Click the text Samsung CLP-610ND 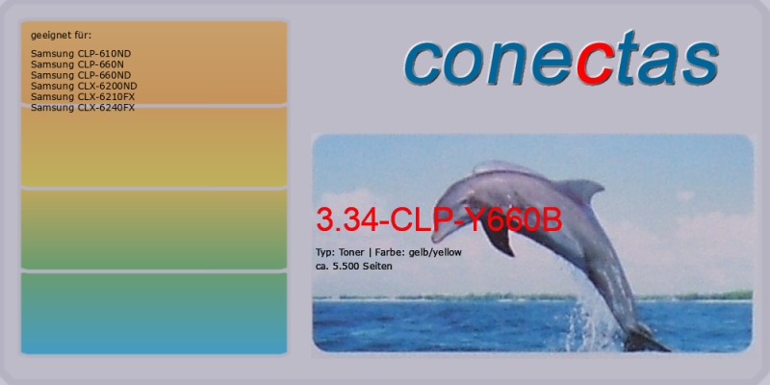(x=81, y=54)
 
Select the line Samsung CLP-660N (x=77, y=64)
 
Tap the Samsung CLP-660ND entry (x=81, y=75)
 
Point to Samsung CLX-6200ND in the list (x=84, y=86)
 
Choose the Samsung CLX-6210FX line (x=83, y=97)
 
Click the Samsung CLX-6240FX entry (x=83, y=108)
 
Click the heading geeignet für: (x=62, y=36)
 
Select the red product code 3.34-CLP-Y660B (x=439, y=220)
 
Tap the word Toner (x=351, y=252)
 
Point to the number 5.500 (x=344, y=267)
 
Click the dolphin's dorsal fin (x=581, y=190)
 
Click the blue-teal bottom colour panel (x=154, y=314)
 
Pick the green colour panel (x=154, y=230)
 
